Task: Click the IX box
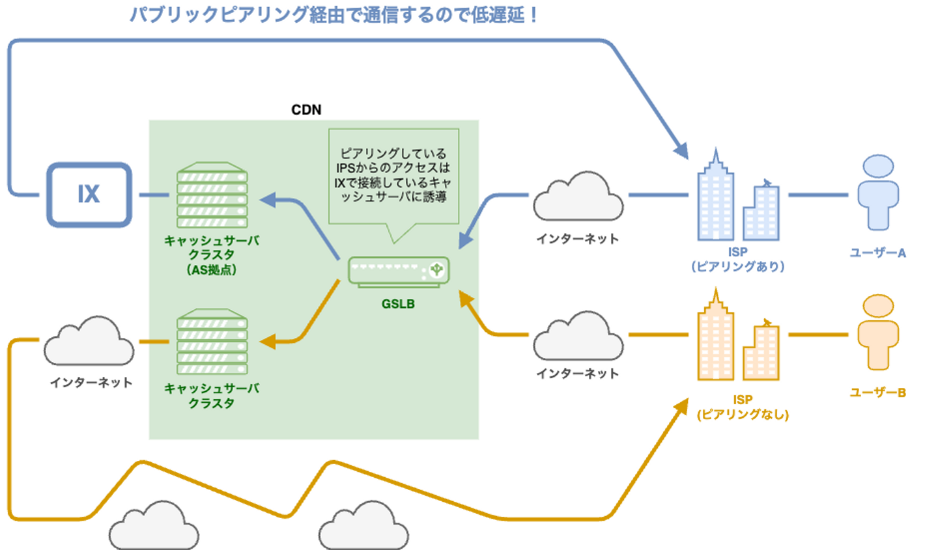pyautogui.click(x=89, y=195)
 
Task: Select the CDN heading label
pyautogui.click(x=306, y=110)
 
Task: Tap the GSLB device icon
pyautogui.click(x=399, y=271)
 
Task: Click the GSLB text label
pyautogui.click(x=398, y=304)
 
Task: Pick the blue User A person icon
pyautogui.click(x=877, y=192)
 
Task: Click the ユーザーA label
pyautogui.click(x=877, y=253)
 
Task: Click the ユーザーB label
pyautogui.click(x=877, y=392)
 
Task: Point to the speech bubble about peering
pyautogui.click(x=393, y=176)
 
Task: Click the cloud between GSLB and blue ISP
pyautogui.click(x=578, y=196)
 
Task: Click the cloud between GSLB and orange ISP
pyautogui.click(x=578, y=336)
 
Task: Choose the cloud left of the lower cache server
pyautogui.click(x=89, y=341)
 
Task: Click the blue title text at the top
pyautogui.click(x=334, y=14)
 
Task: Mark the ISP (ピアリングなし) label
pyautogui.click(x=743, y=407)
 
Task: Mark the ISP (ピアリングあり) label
pyautogui.click(x=737, y=259)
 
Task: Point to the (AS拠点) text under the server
pyautogui.click(x=212, y=270)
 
